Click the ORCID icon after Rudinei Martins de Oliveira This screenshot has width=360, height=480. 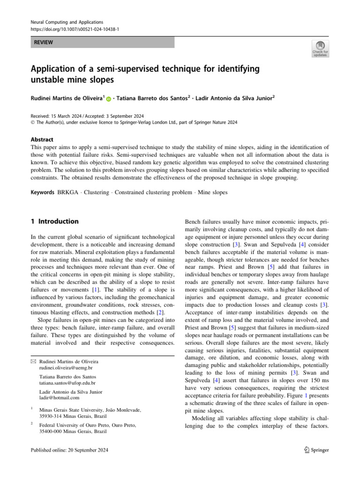(x=109, y=99)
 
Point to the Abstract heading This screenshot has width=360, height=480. (x=42, y=140)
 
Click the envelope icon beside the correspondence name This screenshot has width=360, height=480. (x=33, y=362)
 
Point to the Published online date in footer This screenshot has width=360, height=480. (x=69, y=450)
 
